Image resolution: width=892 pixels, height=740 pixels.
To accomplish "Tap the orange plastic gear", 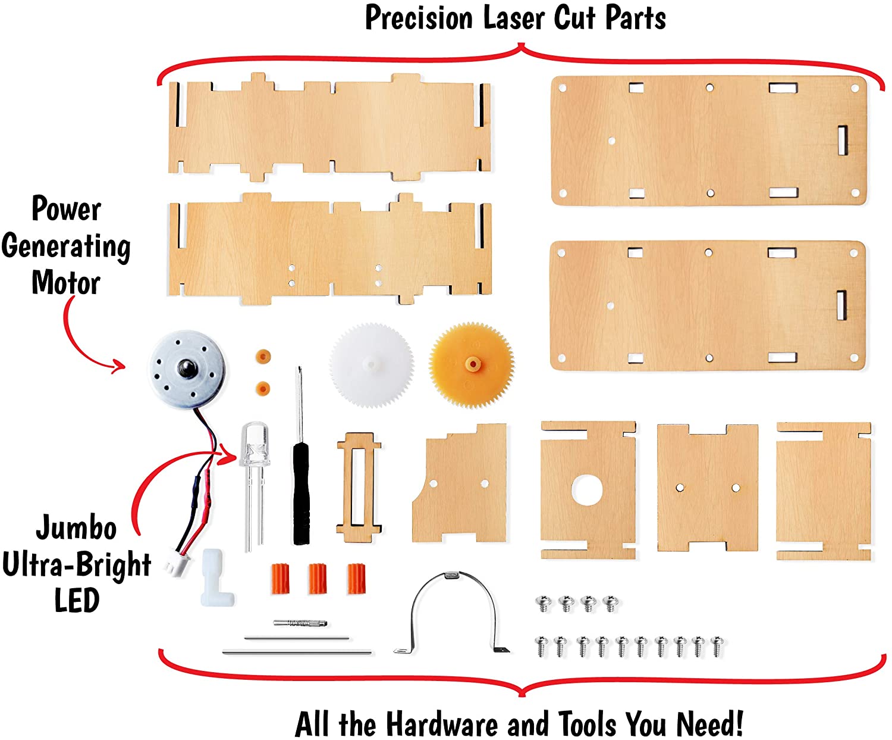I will [x=472, y=364].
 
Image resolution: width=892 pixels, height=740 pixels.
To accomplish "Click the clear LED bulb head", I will [x=255, y=444].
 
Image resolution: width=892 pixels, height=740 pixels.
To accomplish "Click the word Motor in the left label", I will [x=66, y=283].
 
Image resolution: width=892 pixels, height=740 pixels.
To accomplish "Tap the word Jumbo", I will [x=76, y=527].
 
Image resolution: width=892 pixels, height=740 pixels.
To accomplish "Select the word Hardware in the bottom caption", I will [x=442, y=724].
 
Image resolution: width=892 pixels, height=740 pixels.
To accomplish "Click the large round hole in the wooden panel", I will [x=587, y=489].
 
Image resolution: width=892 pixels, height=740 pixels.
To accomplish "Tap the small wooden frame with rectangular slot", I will [x=359, y=487].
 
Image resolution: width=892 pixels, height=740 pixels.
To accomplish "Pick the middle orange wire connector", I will [x=318, y=579].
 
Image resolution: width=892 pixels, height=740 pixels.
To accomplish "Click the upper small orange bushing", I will [x=263, y=357].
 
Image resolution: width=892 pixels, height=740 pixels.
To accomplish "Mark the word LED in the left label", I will [x=77, y=600].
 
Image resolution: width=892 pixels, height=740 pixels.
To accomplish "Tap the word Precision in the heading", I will [x=420, y=18].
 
